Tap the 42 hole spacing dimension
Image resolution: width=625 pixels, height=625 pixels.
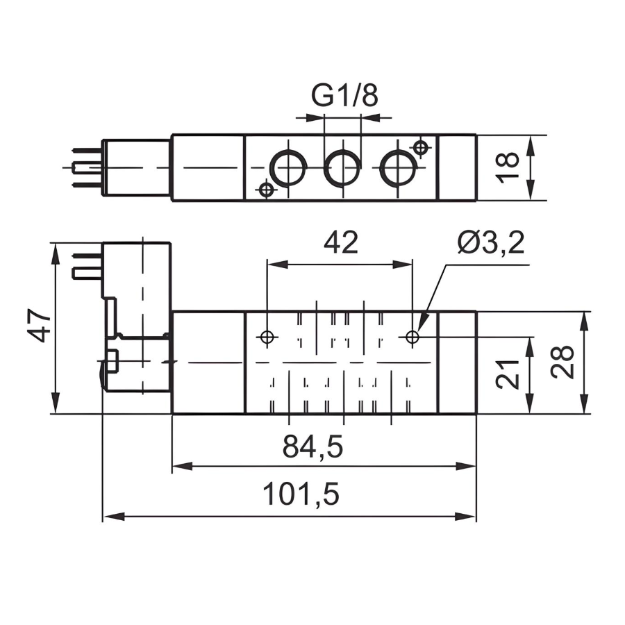click(x=340, y=242)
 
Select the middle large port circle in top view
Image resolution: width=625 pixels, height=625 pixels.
click(x=342, y=168)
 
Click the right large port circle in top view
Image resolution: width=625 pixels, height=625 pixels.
click(x=398, y=168)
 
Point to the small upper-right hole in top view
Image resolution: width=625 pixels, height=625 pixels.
click(x=419, y=147)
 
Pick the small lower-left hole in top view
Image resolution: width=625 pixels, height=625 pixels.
click(x=265, y=189)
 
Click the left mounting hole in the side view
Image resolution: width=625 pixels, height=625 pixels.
click(x=267, y=337)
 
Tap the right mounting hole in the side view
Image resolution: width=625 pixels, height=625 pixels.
click(x=413, y=337)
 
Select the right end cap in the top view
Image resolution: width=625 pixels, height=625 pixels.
click(x=457, y=168)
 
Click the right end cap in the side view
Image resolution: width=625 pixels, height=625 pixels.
click(x=457, y=362)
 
